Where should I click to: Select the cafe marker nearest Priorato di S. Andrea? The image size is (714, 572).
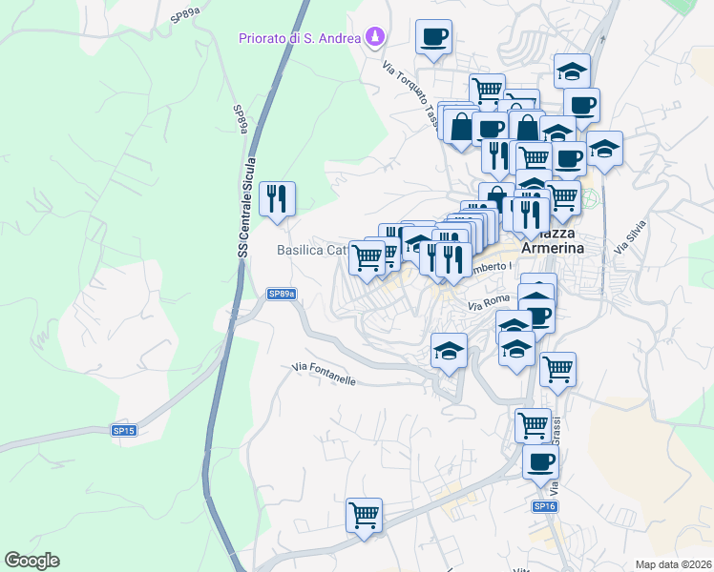[x=433, y=38]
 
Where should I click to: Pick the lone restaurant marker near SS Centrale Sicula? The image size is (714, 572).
[x=277, y=199]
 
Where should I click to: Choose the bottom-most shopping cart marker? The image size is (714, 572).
[x=364, y=516]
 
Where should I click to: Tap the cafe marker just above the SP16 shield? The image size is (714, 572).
[x=540, y=463]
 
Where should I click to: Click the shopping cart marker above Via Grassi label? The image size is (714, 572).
[x=533, y=423]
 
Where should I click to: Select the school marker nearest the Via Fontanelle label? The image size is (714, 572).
[x=449, y=351]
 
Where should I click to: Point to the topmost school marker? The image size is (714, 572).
[x=572, y=71]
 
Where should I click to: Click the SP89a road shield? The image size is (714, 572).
[x=281, y=295]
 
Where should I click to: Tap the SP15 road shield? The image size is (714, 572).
[x=124, y=431]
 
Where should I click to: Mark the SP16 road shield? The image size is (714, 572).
[x=544, y=506]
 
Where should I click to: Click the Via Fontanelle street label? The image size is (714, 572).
[x=324, y=373]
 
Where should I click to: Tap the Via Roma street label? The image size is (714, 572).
[x=490, y=303]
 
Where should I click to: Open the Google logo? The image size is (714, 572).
[x=32, y=561]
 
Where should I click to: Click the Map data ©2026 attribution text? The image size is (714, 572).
[x=672, y=564]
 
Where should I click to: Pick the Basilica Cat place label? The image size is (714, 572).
[x=310, y=251]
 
